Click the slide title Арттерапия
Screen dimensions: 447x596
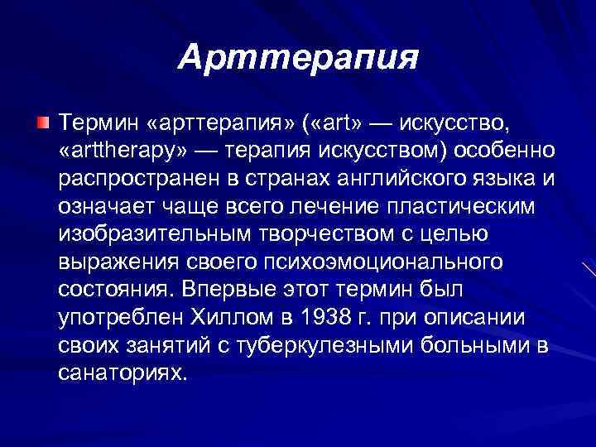298,57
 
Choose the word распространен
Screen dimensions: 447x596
137,179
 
